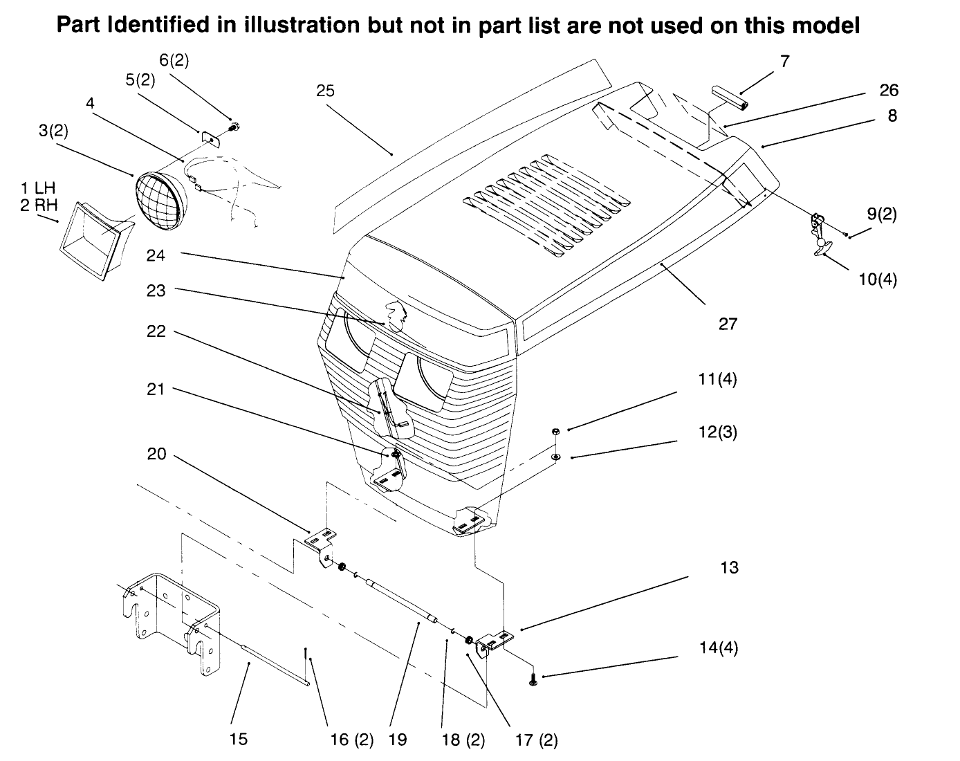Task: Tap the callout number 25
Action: tap(325, 91)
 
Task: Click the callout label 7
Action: tap(784, 61)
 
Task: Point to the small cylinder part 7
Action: tap(726, 97)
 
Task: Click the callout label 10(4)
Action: tap(878, 279)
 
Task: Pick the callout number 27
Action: tap(728, 323)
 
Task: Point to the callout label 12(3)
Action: tap(718, 432)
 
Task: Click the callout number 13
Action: tap(729, 567)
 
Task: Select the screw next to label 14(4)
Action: tap(533, 681)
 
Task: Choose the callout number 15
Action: tap(237, 739)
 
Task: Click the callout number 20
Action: tap(156, 454)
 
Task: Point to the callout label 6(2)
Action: tap(174, 60)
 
